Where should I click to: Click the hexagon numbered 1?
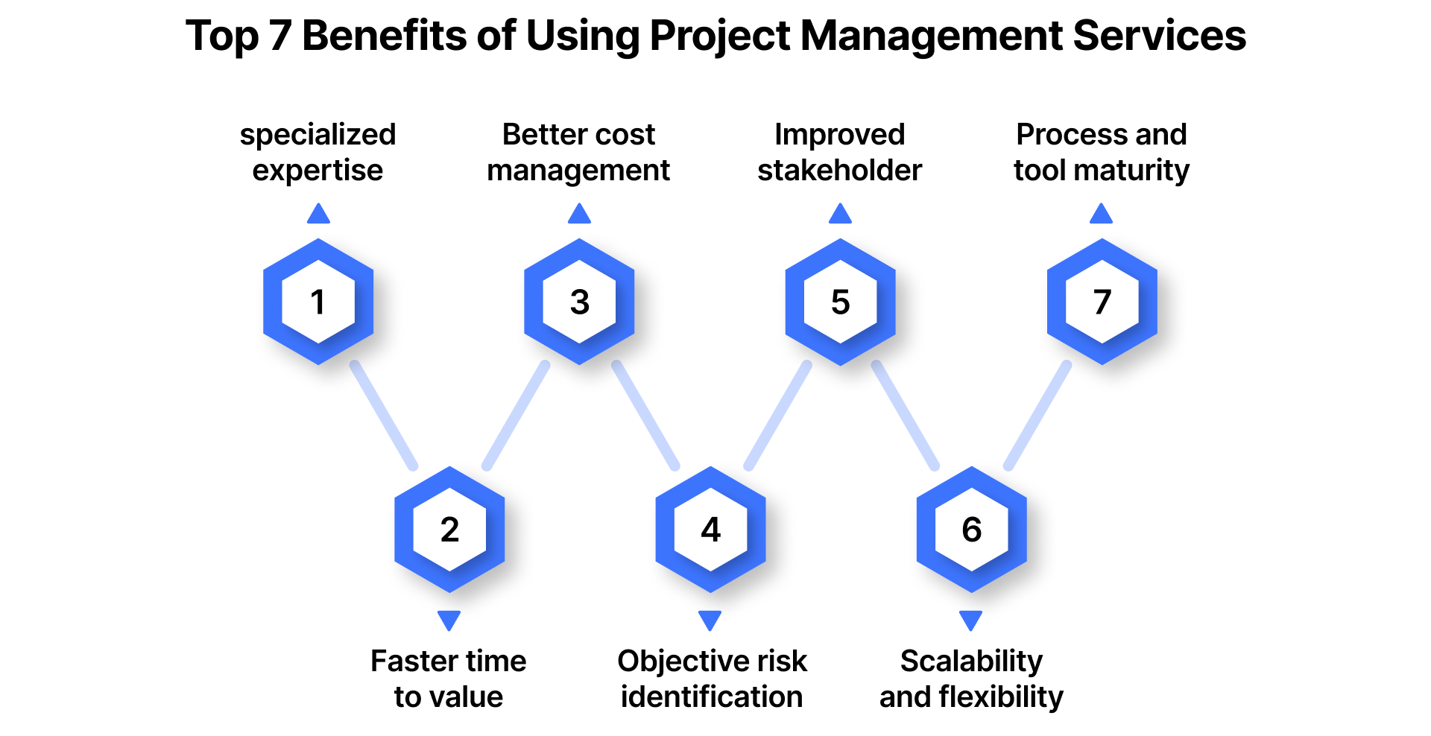pyautogui.click(x=318, y=302)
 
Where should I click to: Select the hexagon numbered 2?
pyautogui.click(x=449, y=530)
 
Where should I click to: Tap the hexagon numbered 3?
pyautogui.click(x=579, y=302)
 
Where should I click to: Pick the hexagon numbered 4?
pyautogui.click(x=710, y=530)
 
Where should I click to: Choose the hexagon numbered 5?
pyautogui.click(x=840, y=302)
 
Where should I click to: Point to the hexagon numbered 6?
pyautogui.click(x=971, y=530)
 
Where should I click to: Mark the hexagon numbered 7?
pyautogui.click(x=1102, y=302)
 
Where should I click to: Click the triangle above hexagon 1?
pyautogui.click(x=318, y=215)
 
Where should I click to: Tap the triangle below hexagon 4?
pyautogui.click(x=710, y=619)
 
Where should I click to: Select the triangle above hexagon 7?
pyautogui.click(x=1101, y=215)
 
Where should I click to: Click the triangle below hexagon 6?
pyautogui.click(x=970, y=619)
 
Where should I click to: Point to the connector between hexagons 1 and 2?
pyautogui.click(x=384, y=416)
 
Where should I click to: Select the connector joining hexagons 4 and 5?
pyautogui.click(x=777, y=416)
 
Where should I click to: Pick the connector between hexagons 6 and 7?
pyautogui.click(x=1037, y=416)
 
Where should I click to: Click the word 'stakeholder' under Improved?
pyautogui.click(x=840, y=171)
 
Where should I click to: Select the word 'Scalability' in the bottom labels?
pyautogui.click(x=971, y=661)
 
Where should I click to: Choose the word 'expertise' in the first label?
pyautogui.click(x=318, y=171)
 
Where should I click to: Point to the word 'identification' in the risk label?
pyautogui.click(x=712, y=697)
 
